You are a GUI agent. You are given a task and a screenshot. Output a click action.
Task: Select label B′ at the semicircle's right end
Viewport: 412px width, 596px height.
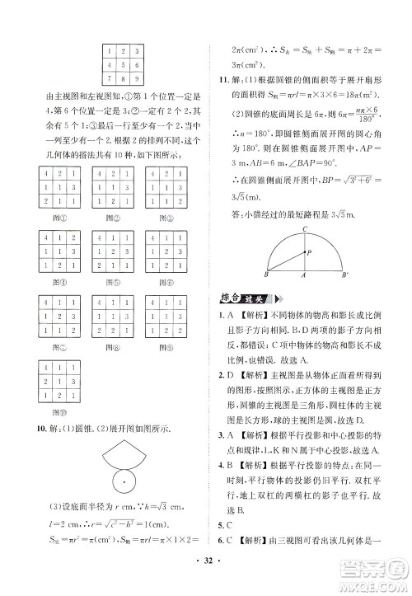368,278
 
